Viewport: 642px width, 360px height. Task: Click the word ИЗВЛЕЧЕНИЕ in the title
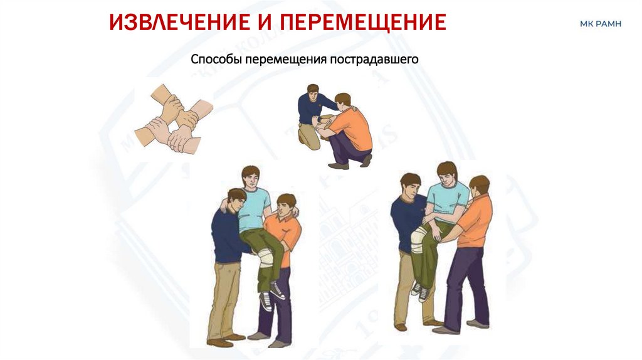click(x=180, y=22)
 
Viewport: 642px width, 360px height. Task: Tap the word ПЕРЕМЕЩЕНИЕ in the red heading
click(x=363, y=22)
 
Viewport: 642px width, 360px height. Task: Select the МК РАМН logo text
click(x=600, y=24)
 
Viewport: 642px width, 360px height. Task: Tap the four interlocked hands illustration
click(x=174, y=119)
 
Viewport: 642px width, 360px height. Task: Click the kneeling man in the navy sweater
click(x=315, y=116)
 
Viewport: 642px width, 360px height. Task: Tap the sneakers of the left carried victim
click(x=272, y=295)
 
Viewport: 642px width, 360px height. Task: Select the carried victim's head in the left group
click(x=251, y=177)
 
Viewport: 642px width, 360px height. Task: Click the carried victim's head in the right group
click(x=446, y=174)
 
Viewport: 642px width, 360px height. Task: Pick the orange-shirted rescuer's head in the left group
click(x=286, y=206)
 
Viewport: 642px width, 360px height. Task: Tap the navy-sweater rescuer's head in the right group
click(x=411, y=186)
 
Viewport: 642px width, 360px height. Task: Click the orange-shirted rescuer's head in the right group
click(x=479, y=186)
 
